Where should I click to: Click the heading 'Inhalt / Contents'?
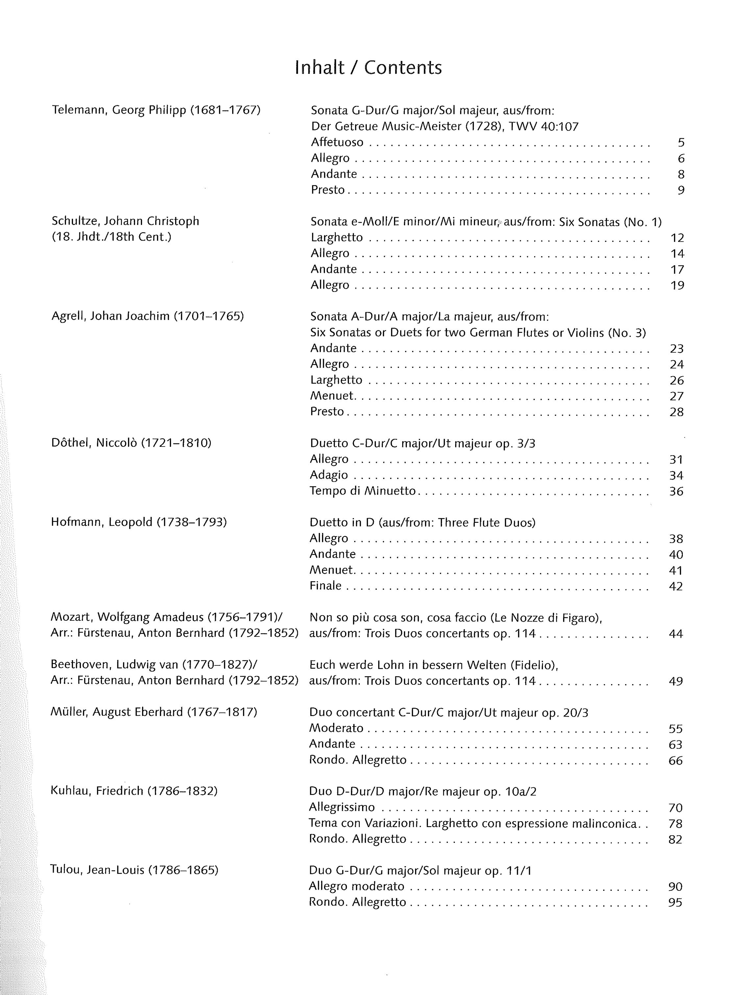pos(368,68)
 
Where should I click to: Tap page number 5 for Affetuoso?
pos(681,143)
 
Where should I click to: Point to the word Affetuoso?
pos(337,142)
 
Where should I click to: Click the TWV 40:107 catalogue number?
pos(543,127)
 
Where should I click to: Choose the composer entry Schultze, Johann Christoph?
pos(125,221)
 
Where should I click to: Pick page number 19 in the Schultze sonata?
pos(677,285)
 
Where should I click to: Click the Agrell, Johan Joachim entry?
pos(147,316)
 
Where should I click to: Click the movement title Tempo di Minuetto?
pos(362,491)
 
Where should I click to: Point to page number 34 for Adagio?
pos(676,475)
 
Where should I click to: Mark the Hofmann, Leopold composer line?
pos(139,522)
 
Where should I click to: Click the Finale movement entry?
pos(325,586)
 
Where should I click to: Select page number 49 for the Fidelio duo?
pos(676,681)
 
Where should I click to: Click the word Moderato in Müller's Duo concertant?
pos(336,728)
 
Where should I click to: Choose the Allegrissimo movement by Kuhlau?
pos(342,807)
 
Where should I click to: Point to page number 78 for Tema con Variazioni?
pos(675,823)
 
